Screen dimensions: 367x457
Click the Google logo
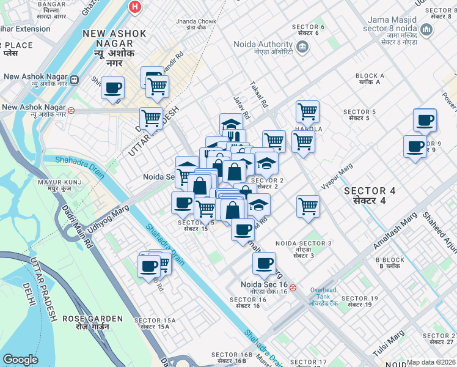[21, 360]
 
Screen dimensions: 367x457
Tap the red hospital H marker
[135, 7]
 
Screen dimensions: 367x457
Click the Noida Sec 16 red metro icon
[293, 287]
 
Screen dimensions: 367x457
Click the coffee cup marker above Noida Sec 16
[264, 263]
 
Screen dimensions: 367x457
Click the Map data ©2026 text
[431, 362]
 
